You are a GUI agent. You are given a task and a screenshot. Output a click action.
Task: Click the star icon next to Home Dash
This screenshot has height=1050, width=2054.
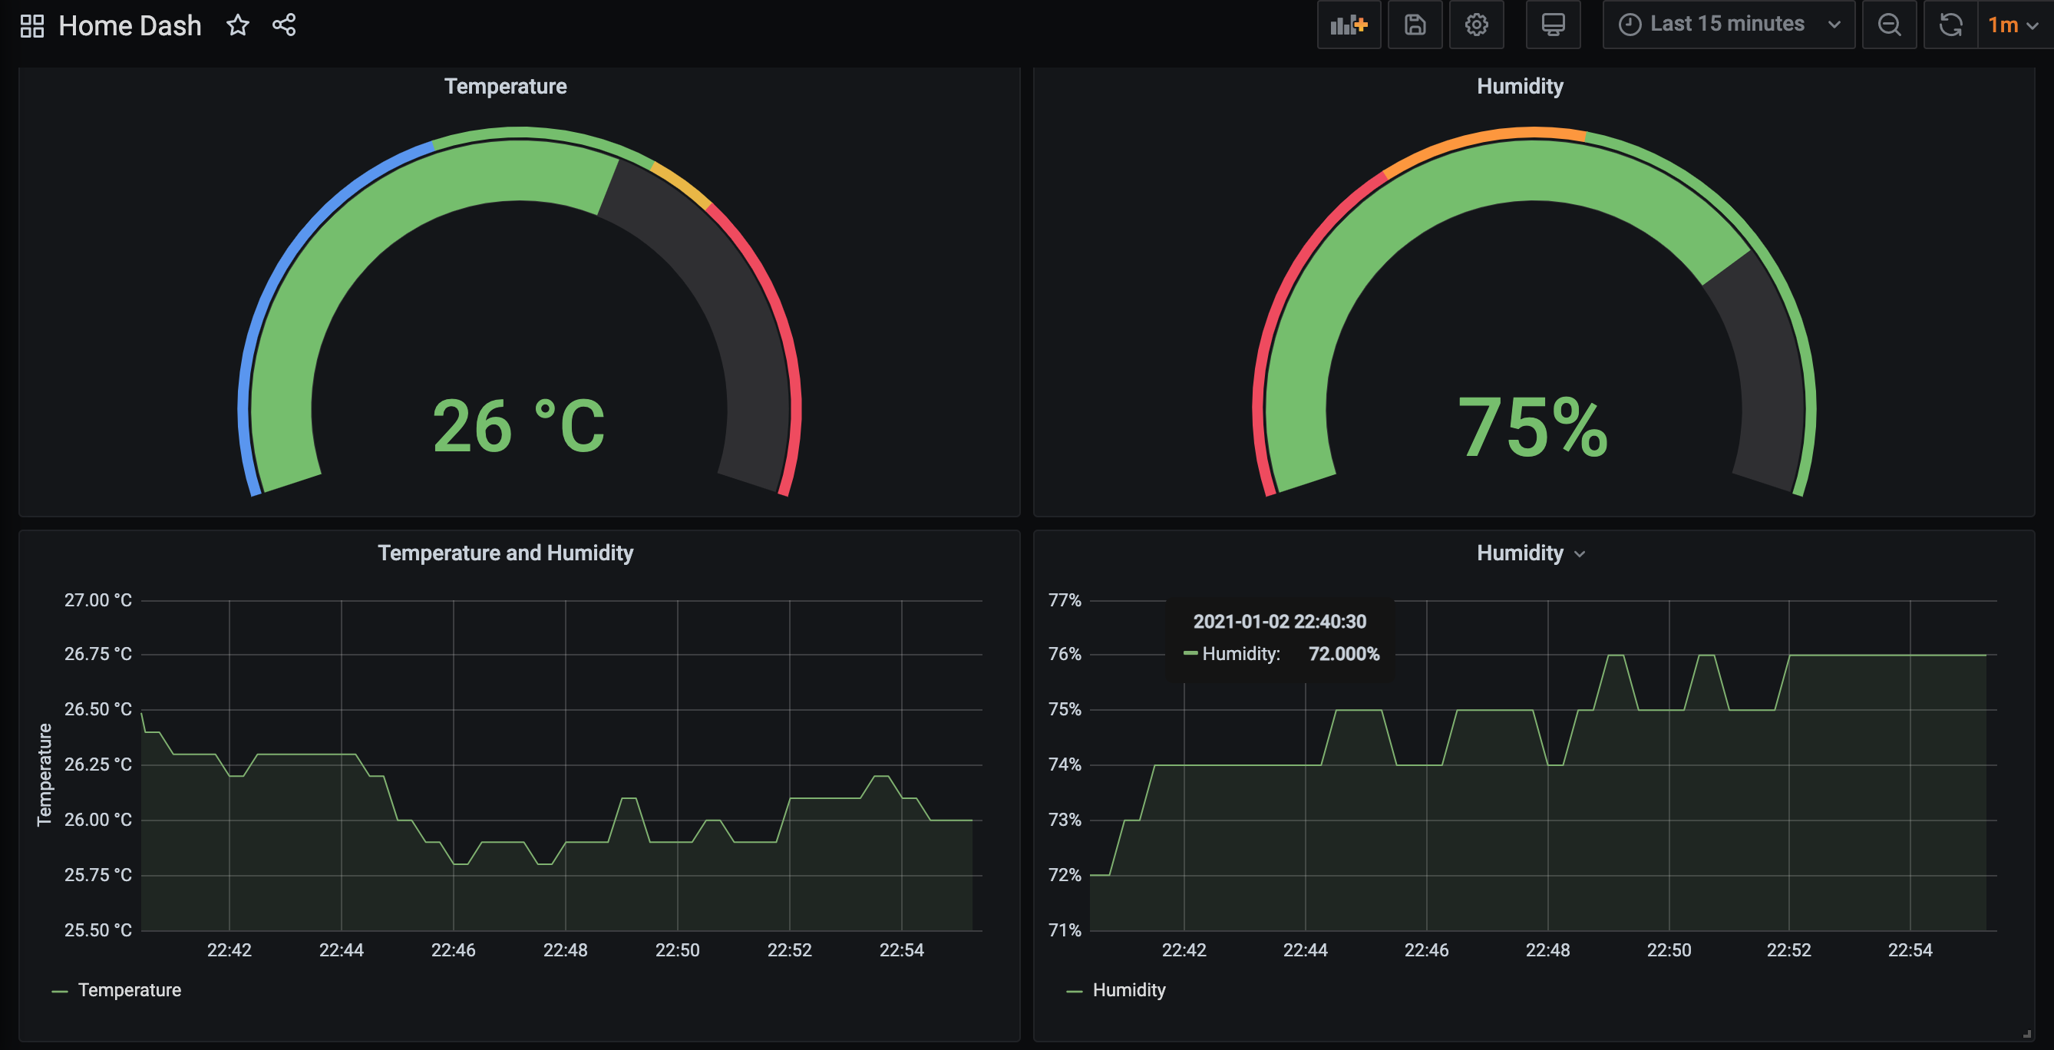coord(238,25)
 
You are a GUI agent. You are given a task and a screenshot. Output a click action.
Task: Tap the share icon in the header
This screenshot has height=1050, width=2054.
coord(284,25)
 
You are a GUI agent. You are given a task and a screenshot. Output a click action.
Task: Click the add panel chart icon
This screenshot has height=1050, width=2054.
coord(1349,25)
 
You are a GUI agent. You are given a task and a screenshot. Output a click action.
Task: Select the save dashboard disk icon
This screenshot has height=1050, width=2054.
coord(1415,25)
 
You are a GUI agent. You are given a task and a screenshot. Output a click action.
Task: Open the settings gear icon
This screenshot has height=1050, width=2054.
coord(1476,25)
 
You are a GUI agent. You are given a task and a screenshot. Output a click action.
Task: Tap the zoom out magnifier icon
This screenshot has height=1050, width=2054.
coord(1889,25)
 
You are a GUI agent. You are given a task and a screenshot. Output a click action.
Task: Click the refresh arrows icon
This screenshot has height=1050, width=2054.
coord(1950,25)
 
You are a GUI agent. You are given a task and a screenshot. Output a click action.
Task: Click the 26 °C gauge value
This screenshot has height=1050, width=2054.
coord(518,427)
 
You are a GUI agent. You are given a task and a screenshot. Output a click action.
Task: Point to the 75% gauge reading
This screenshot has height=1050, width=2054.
coord(1533,428)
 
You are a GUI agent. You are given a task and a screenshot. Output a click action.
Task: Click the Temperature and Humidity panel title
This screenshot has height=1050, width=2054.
coord(506,553)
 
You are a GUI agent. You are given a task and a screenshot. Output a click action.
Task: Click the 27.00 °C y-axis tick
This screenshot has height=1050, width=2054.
coord(97,600)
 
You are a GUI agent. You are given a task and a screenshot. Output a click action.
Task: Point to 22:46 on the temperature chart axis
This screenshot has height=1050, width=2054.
coord(453,950)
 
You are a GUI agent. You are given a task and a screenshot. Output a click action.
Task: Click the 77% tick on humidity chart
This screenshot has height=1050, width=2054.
coord(1065,600)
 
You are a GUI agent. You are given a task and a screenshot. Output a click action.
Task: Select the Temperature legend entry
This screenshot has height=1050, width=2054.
coord(129,990)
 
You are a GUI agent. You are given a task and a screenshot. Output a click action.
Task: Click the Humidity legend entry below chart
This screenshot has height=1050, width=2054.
coord(1128,990)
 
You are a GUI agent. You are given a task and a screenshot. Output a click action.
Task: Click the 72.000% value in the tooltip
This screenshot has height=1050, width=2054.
coord(1343,654)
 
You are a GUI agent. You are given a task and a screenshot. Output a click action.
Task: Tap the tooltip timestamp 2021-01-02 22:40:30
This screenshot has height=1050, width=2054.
coord(1279,622)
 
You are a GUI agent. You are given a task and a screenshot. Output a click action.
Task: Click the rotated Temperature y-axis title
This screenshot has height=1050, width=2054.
coord(45,775)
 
